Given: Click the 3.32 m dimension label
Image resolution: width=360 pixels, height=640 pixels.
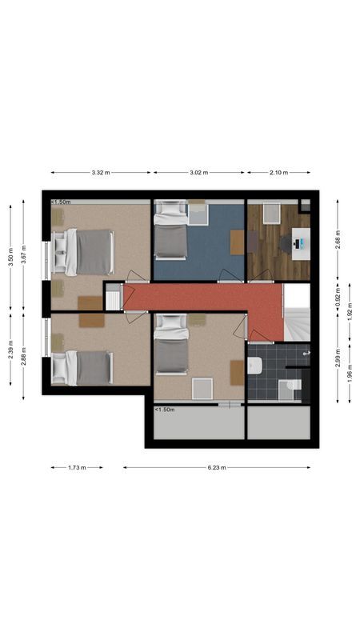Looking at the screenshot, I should [x=101, y=172].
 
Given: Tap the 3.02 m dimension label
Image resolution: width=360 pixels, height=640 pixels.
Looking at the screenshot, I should [x=199, y=172].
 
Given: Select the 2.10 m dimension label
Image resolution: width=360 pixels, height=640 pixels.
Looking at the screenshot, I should [x=278, y=172].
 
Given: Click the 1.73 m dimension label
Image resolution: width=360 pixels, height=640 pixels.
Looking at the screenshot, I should [x=77, y=467].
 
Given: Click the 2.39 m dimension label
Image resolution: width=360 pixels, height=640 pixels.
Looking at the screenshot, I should [x=11, y=353].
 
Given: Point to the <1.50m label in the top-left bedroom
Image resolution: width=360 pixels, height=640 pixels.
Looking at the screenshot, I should [x=60, y=202].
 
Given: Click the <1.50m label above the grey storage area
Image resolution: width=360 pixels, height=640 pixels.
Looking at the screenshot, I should [x=164, y=410].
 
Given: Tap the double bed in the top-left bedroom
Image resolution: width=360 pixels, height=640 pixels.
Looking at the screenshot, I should [x=85, y=252].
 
